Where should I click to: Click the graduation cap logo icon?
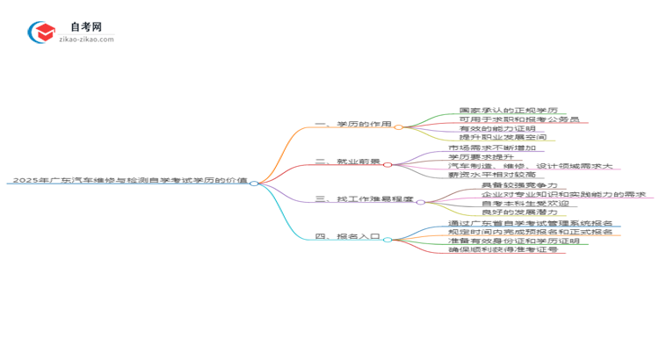[42, 33]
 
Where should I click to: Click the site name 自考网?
[85, 26]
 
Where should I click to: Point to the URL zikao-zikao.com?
[85, 40]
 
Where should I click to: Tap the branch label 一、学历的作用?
[352, 126]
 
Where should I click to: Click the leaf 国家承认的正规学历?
[508, 111]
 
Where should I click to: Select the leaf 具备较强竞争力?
[518, 185]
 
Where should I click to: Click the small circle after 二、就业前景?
[387, 164]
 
